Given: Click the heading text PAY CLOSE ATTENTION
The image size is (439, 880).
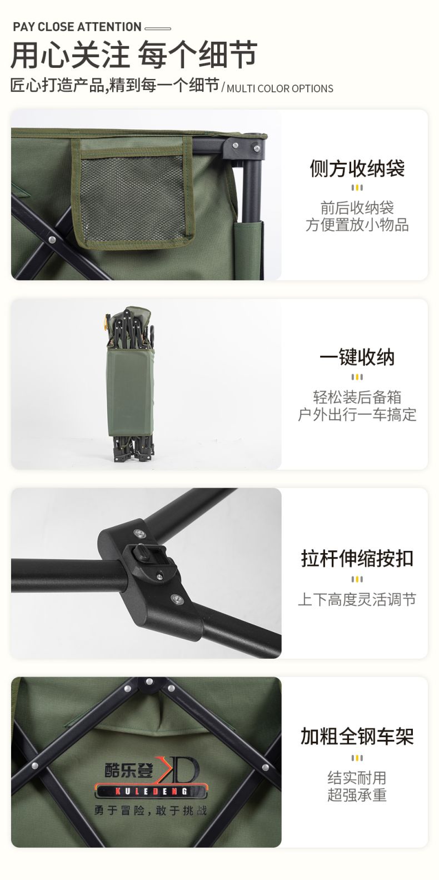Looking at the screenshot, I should [x=77, y=27].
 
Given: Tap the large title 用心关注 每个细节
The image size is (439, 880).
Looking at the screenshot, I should [x=133, y=54].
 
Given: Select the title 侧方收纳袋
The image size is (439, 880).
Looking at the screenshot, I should [x=357, y=168].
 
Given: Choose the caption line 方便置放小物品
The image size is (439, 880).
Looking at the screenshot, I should [x=357, y=225].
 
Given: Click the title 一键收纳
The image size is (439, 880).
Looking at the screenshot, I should [x=357, y=357].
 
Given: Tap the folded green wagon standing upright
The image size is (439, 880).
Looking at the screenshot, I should [x=128, y=384].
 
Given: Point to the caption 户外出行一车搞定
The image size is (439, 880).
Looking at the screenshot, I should [x=357, y=415].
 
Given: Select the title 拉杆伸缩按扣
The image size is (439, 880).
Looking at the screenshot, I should [x=357, y=558].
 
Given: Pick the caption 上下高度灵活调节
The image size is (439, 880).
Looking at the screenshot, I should [x=357, y=600].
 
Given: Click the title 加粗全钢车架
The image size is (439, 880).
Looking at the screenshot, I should [x=357, y=736].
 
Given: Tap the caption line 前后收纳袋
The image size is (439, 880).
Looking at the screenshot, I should [x=357, y=208].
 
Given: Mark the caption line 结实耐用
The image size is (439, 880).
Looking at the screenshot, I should [x=357, y=778].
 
